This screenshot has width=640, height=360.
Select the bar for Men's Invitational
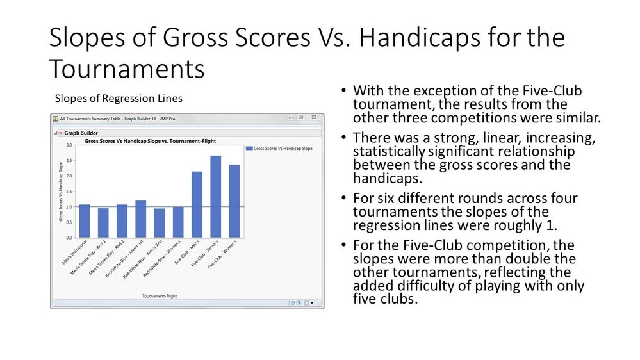[84, 221]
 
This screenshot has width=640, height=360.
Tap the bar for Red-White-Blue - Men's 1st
[140, 219]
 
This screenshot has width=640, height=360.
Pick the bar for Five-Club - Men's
[197, 204]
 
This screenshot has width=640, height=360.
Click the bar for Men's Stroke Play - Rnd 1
[103, 223]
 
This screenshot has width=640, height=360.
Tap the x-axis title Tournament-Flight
[159, 296]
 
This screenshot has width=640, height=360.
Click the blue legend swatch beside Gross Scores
[249, 148]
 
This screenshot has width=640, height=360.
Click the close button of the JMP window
[316, 118]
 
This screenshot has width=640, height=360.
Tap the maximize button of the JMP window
[300, 118]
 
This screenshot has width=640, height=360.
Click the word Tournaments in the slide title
[127, 68]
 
